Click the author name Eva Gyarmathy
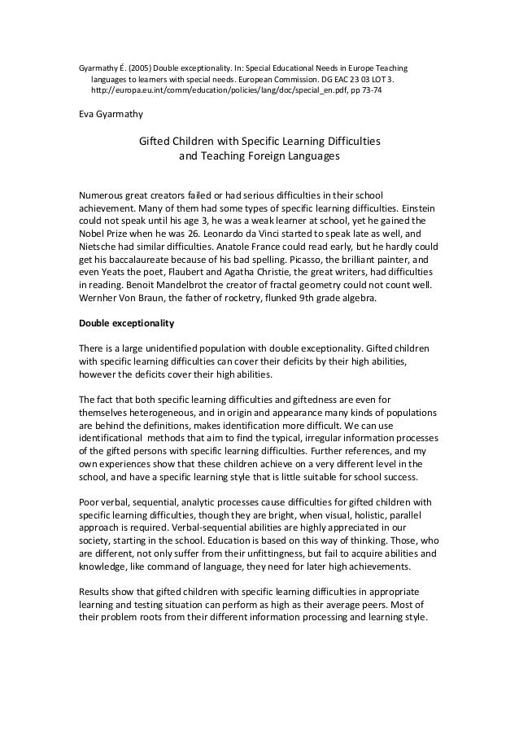(x=109, y=114)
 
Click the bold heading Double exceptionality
(x=126, y=323)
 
